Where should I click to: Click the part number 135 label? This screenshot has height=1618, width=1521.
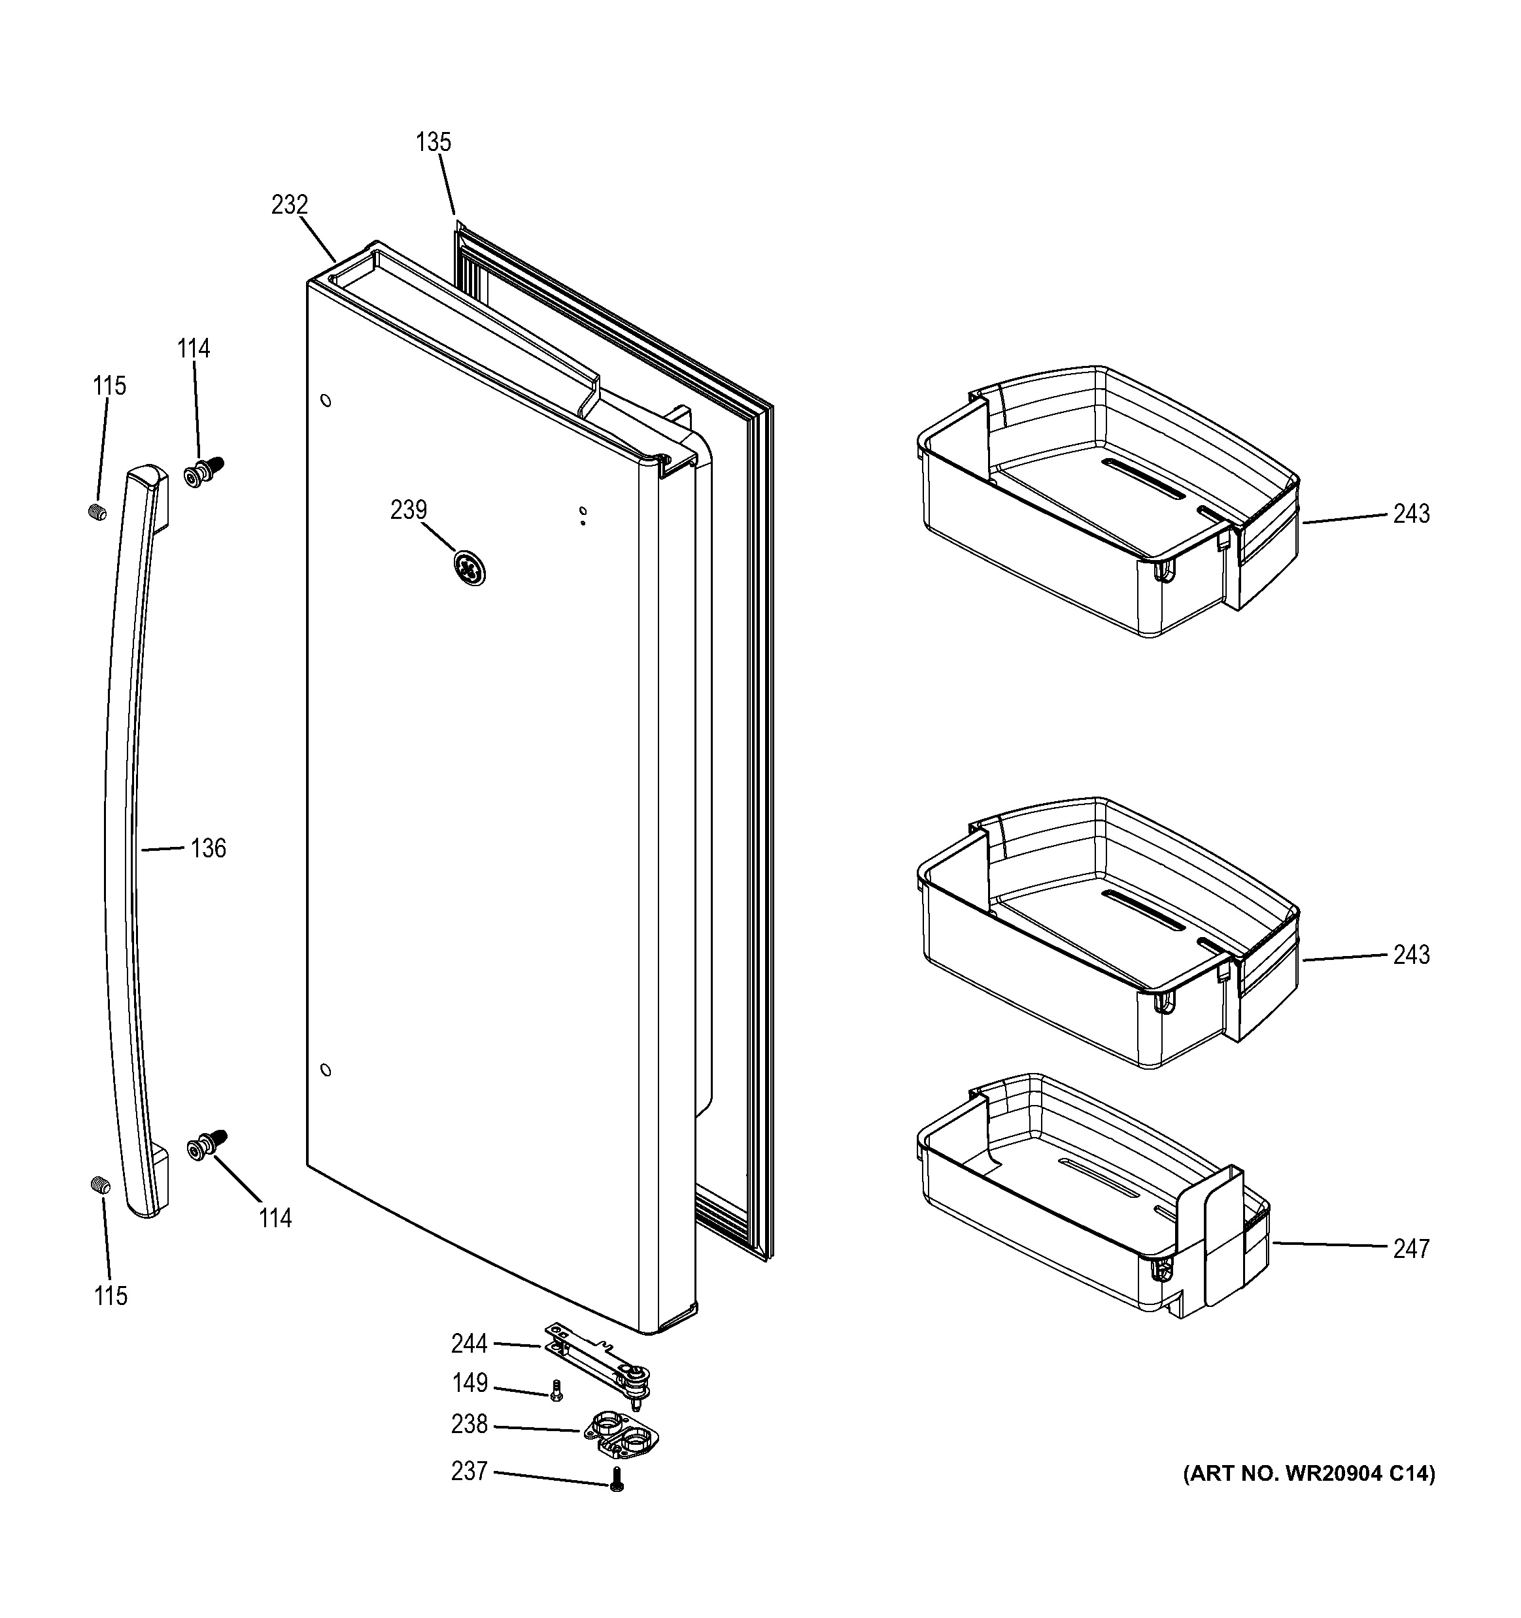pyautogui.click(x=433, y=142)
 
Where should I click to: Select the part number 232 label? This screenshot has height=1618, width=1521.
pyautogui.click(x=290, y=205)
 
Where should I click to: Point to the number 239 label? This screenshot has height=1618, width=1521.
pyautogui.click(x=408, y=510)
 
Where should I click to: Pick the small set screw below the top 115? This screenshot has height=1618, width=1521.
pyautogui.click(x=97, y=512)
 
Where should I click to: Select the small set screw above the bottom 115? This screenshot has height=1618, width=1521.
pyautogui.click(x=99, y=1186)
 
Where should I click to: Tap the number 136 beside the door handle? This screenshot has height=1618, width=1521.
pyautogui.click(x=209, y=849)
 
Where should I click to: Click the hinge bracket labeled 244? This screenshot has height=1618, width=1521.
pyautogui.click(x=599, y=1369)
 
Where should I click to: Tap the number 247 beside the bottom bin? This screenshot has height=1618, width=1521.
pyautogui.click(x=1411, y=1249)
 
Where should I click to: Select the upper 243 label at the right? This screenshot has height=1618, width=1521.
pyautogui.click(x=1411, y=514)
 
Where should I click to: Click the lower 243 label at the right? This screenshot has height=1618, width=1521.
pyautogui.click(x=1411, y=955)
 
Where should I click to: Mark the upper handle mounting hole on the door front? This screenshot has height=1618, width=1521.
pyautogui.click(x=326, y=401)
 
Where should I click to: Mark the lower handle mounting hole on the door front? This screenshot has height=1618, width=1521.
pyautogui.click(x=326, y=1070)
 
